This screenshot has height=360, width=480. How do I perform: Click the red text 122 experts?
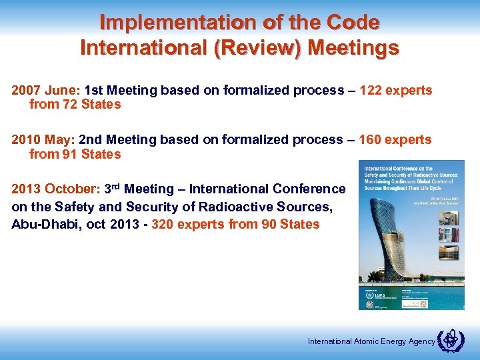395,90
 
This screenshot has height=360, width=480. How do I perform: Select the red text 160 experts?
395,140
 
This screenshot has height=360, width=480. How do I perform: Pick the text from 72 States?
75,105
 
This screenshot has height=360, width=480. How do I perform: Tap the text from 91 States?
75,155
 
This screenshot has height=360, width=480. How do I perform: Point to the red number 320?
163,224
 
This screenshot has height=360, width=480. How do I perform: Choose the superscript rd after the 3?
116,186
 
